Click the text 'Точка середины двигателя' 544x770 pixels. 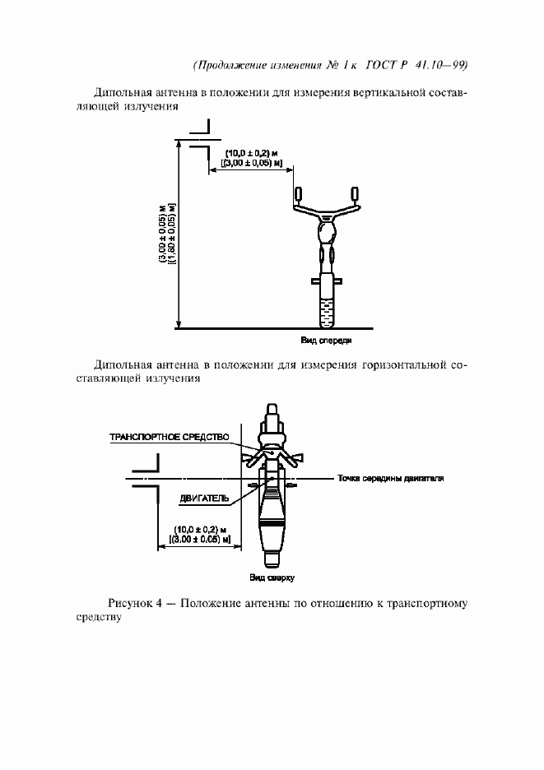coord(390,478)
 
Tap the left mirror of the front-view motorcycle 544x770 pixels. coord(298,195)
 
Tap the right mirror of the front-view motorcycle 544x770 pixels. coord(356,195)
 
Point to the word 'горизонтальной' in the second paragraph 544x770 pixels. coord(402,364)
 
